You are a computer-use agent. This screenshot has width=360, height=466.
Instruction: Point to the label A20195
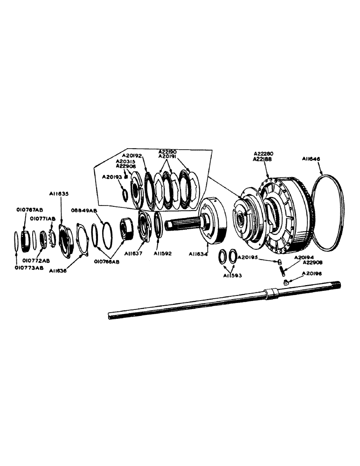click(x=248, y=257)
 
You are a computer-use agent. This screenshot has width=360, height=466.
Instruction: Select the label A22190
click(x=168, y=152)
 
